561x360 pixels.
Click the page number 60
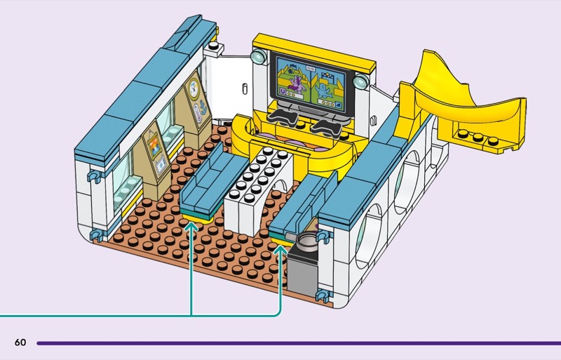(20, 342)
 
